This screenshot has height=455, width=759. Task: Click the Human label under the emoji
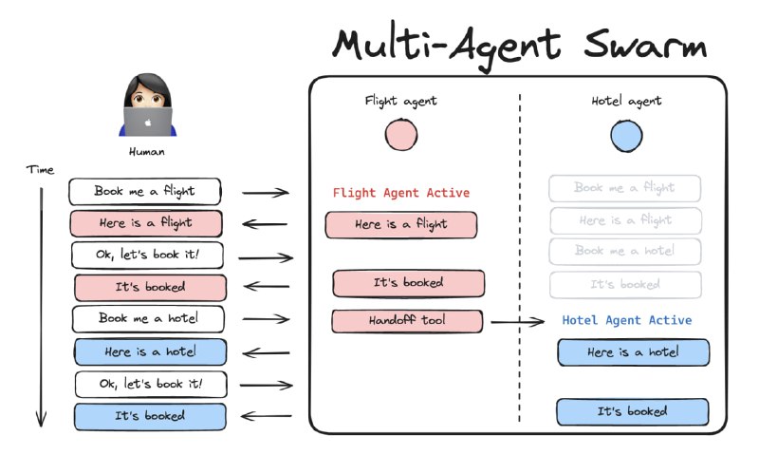pos(147,151)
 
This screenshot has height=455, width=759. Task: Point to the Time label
pos(40,170)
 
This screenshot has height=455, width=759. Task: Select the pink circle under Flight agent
pos(401,135)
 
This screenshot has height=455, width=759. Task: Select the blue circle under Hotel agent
pos(626,135)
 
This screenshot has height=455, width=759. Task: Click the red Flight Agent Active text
pos(400,193)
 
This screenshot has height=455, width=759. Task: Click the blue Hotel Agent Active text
pos(627,321)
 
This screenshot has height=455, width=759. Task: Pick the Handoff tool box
pos(407,321)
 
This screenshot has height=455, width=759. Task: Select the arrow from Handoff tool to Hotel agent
pos(518,323)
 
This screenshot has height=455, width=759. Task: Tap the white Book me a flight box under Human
pos(144,191)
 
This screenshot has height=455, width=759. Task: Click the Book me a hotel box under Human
pos(148,319)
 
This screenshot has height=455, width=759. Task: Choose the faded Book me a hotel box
pos(625,252)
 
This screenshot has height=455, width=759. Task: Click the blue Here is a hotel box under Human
pos(151,352)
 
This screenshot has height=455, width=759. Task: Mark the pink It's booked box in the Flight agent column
pos(408,283)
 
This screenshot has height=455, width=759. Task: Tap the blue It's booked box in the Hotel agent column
pos(632,411)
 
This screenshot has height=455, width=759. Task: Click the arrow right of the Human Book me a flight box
pos(266,193)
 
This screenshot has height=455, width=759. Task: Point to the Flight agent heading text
pos(401,101)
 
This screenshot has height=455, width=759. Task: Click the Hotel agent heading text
pos(626,101)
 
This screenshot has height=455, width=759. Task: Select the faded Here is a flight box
pos(626,220)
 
